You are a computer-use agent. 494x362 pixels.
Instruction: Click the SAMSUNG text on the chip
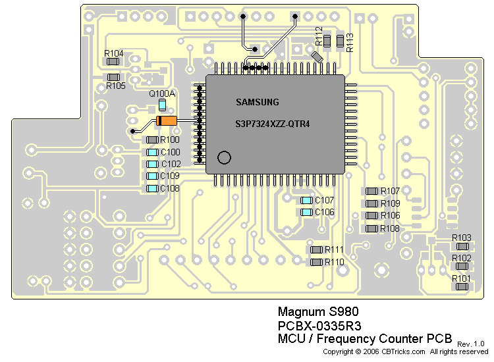pyautogui.click(x=258, y=102)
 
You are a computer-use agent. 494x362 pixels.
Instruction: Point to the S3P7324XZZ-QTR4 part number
pyautogui.click(x=273, y=124)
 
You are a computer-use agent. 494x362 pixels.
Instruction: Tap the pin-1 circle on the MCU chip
pyautogui.click(x=224, y=157)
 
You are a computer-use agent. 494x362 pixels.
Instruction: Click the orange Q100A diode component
pyautogui.click(x=167, y=121)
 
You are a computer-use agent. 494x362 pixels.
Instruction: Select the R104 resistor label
pyautogui.click(x=114, y=53)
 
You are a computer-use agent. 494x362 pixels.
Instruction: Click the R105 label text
pyautogui.click(x=115, y=86)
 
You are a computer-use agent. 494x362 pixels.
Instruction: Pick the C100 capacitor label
pyautogui.click(x=170, y=152)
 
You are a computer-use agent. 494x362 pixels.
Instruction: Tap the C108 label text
pyautogui.click(x=170, y=188)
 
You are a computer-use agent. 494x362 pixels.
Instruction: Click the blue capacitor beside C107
pyautogui.click(x=306, y=200)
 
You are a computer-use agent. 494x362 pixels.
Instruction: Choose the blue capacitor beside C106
pyautogui.click(x=306, y=212)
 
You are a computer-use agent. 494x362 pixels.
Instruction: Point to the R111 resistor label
pyautogui.click(x=335, y=249)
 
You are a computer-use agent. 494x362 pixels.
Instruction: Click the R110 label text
pyautogui.click(x=335, y=262)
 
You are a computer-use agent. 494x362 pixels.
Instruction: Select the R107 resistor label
pyautogui.click(x=390, y=191)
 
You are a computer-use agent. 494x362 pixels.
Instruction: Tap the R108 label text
pyautogui.click(x=390, y=228)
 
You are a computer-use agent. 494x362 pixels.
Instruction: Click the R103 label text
pyautogui.click(x=462, y=238)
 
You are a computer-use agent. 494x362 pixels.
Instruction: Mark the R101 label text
pyautogui.click(x=462, y=278)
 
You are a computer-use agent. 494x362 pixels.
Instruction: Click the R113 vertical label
pyautogui.click(x=350, y=42)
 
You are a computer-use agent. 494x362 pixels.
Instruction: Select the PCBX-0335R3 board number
pyautogui.click(x=319, y=326)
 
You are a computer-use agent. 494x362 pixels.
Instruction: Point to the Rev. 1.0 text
pyautogui.click(x=470, y=344)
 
